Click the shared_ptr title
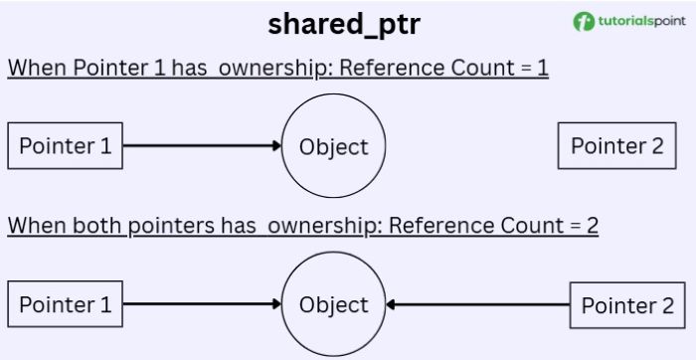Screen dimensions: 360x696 coord(344,25)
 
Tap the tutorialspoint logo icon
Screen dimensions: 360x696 coord(584,21)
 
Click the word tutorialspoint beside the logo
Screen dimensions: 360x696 coord(638,21)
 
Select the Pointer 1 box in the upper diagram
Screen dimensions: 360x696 coord(66,147)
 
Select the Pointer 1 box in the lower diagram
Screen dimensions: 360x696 coord(66,304)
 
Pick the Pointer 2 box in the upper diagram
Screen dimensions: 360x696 coord(616,146)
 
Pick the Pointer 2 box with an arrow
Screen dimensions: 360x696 coord(626,305)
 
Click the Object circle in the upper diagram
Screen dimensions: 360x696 coord(334,147)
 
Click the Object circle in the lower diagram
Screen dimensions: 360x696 coord(334,304)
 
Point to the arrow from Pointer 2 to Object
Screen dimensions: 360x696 coord(477,305)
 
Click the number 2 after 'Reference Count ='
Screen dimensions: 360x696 coord(592,225)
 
